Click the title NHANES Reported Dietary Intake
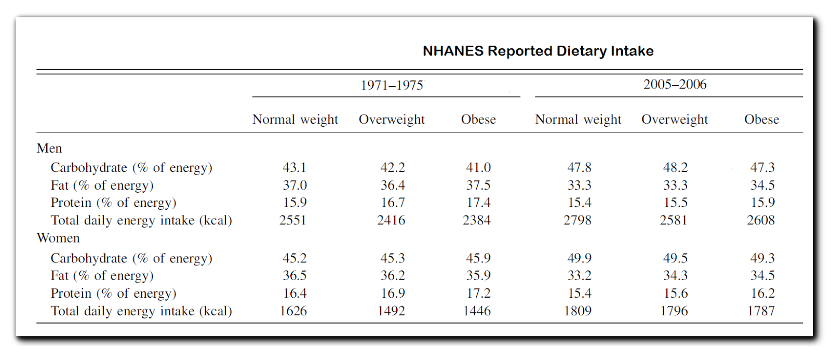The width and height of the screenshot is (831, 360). pyautogui.click(x=538, y=51)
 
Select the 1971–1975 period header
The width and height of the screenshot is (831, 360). pyautogui.click(x=392, y=85)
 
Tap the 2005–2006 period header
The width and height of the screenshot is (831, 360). pyautogui.click(x=675, y=84)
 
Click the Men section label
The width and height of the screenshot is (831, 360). pyautogui.click(x=49, y=149)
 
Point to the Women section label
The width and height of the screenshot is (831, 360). pyautogui.click(x=58, y=238)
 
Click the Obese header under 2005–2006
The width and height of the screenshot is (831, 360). pyautogui.click(x=761, y=119)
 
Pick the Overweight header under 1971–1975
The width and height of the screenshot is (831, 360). pyautogui.click(x=392, y=119)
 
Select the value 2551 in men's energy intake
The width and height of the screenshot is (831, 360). pyautogui.click(x=293, y=220)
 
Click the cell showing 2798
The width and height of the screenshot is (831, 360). pyautogui.click(x=578, y=220)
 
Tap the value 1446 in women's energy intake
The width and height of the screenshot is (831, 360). pyautogui.click(x=477, y=311)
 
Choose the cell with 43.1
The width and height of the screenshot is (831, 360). pyautogui.click(x=294, y=168)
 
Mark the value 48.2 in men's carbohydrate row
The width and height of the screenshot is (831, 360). pyautogui.click(x=675, y=168)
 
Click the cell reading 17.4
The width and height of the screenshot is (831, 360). pyautogui.click(x=478, y=203)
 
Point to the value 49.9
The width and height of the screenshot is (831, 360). pyautogui.click(x=579, y=258)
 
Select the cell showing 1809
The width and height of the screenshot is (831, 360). pyautogui.click(x=578, y=311)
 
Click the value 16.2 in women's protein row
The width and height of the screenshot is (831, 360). pyautogui.click(x=762, y=294)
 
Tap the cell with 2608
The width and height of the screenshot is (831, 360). pyautogui.click(x=761, y=220)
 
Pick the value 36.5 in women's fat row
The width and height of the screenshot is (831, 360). pyautogui.click(x=294, y=276)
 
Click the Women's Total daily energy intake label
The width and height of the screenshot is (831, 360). pyautogui.click(x=141, y=311)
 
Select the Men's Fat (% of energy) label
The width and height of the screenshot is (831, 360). pyautogui.click(x=102, y=185)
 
